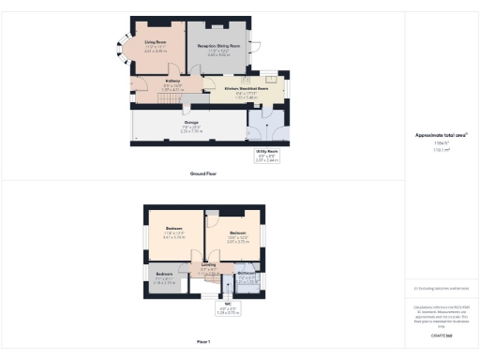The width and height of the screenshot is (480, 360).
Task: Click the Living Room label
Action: point(156,41)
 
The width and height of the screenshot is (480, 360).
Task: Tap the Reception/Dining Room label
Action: point(217,45)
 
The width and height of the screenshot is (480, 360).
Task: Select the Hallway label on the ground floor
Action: point(172,81)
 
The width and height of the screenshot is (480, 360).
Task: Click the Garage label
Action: point(191,122)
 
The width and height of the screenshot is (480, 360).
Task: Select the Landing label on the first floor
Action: point(209,265)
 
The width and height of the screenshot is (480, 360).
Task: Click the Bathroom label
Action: point(247,274)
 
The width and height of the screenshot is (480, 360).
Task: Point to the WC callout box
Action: point(228,307)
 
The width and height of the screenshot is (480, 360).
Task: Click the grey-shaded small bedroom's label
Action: point(164,273)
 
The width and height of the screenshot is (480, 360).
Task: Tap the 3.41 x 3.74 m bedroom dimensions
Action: point(174,238)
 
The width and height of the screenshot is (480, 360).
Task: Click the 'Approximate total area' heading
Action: point(441,135)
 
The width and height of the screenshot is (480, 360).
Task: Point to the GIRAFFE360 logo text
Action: point(441,335)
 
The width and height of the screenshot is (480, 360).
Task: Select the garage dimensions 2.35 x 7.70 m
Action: point(191,132)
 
